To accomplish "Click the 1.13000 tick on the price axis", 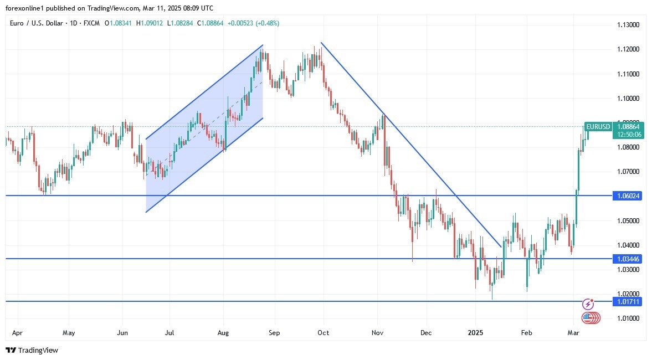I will point(628,25).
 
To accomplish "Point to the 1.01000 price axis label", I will point(628,318).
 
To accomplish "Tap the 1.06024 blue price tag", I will point(627,196).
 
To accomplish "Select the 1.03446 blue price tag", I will point(627,259).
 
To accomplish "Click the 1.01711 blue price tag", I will point(627,301).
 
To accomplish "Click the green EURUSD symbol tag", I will point(598,126).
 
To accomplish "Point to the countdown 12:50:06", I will point(627,134).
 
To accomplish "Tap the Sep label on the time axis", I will point(274,333).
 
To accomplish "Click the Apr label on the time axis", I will point(17,333).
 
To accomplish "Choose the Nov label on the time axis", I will point(377,333).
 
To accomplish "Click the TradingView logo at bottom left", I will point(32,350).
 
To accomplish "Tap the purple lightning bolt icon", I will point(588,304).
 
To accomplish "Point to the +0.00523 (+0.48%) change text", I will point(253,23).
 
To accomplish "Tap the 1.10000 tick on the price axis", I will point(628,99).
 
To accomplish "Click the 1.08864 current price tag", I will point(627,126).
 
